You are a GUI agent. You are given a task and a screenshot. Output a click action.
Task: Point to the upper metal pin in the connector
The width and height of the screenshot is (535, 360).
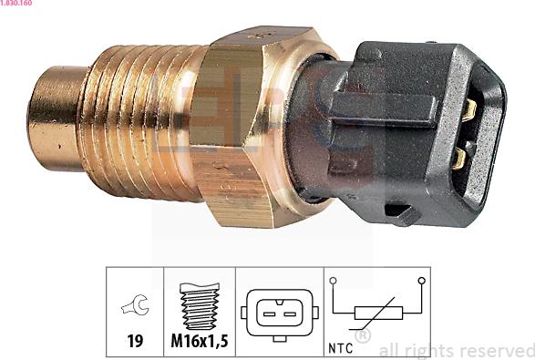(469, 112)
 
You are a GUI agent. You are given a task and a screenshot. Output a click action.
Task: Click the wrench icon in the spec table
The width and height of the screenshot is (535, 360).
(134, 308)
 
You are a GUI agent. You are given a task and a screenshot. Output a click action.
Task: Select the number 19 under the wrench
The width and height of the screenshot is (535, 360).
(135, 342)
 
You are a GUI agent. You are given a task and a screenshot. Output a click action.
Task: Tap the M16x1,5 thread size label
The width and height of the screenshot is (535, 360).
(199, 342)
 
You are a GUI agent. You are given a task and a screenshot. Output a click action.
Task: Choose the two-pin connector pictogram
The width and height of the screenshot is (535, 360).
(280, 314)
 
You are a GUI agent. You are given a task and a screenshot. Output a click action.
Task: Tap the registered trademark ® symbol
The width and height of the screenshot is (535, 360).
(362, 337)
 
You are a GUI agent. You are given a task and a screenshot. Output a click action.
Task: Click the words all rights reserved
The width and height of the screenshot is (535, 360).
(456, 350)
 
